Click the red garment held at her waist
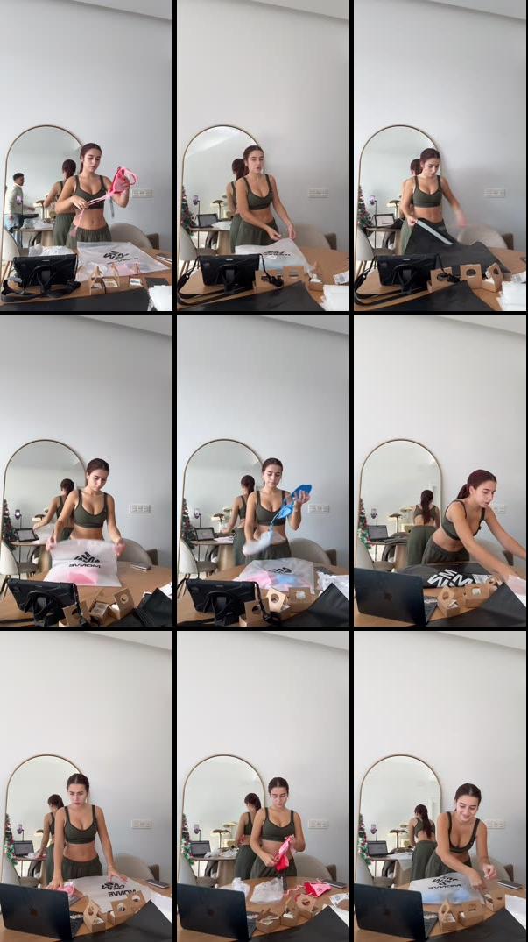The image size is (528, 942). tap(283, 853)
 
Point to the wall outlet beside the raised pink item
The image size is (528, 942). tap(141, 193)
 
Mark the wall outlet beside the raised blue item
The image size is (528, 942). tap(317, 508)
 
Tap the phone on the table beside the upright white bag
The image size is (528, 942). tap(140, 567)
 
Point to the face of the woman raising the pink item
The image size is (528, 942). tap(91, 160)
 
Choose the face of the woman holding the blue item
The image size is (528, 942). tap(272, 475)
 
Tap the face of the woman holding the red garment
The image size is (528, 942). tap(278, 793)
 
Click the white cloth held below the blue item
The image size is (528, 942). tap(257, 544)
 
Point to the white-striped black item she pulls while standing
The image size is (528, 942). tap(434, 232)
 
